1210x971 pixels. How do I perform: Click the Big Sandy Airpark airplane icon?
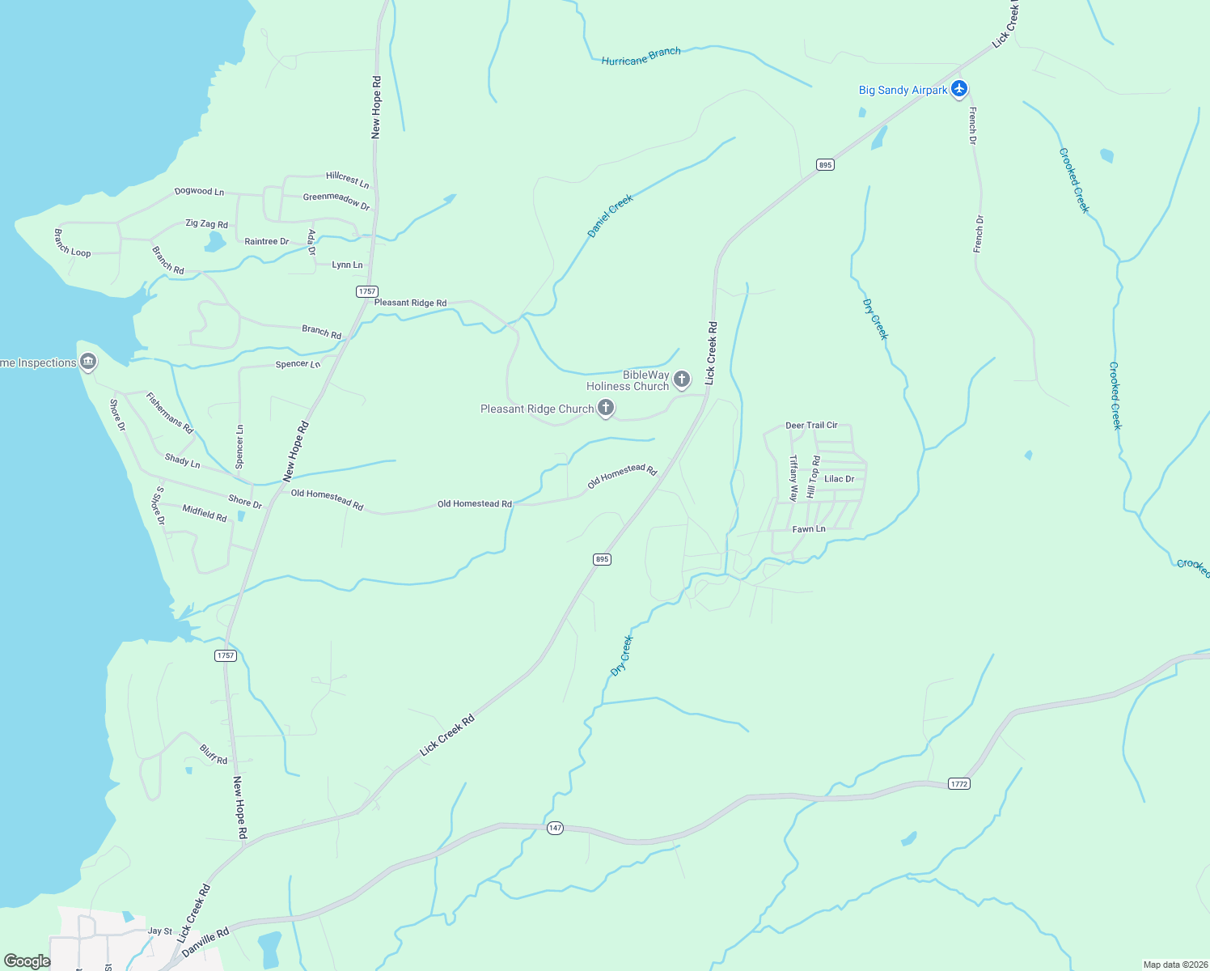coord(959,88)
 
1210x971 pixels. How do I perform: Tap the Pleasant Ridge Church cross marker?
coord(605,408)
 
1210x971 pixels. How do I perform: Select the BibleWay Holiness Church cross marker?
coord(682,378)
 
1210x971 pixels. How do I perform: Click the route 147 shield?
coord(555,828)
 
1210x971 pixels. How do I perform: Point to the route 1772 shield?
coord(958,783)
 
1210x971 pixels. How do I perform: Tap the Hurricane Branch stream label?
coord(641,56)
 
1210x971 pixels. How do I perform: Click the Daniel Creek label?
coord(610,215)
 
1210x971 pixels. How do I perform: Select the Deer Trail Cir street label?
coord(811,425)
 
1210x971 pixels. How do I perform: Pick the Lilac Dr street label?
coord(839,479)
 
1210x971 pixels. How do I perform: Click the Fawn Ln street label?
coord(809,529)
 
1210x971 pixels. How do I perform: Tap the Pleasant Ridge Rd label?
coord(410,303)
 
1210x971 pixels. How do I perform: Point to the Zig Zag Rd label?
coord(206,224)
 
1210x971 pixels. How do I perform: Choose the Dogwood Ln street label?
coord(199,192)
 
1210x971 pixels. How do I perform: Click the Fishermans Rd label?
coord(169,413)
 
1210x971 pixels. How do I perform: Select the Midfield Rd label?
coord(205,513)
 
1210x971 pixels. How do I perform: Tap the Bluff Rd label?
coord(214,755)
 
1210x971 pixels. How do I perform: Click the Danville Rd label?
coord(205,943)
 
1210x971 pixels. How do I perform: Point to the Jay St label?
coord(160,931)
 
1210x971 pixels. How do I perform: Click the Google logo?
coord(27,961)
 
